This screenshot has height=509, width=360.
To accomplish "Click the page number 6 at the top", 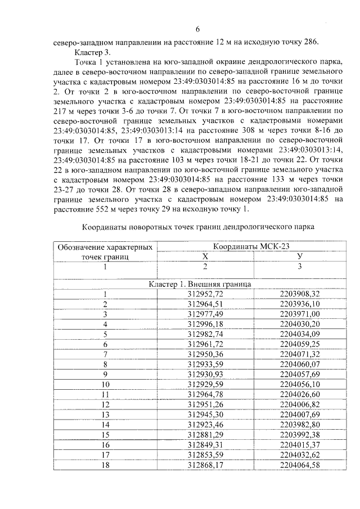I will (x=197, y=29).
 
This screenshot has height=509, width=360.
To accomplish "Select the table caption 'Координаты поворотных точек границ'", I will (x=197, y=227).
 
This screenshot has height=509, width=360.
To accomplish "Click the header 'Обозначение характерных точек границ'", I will (x=105, y=251).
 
